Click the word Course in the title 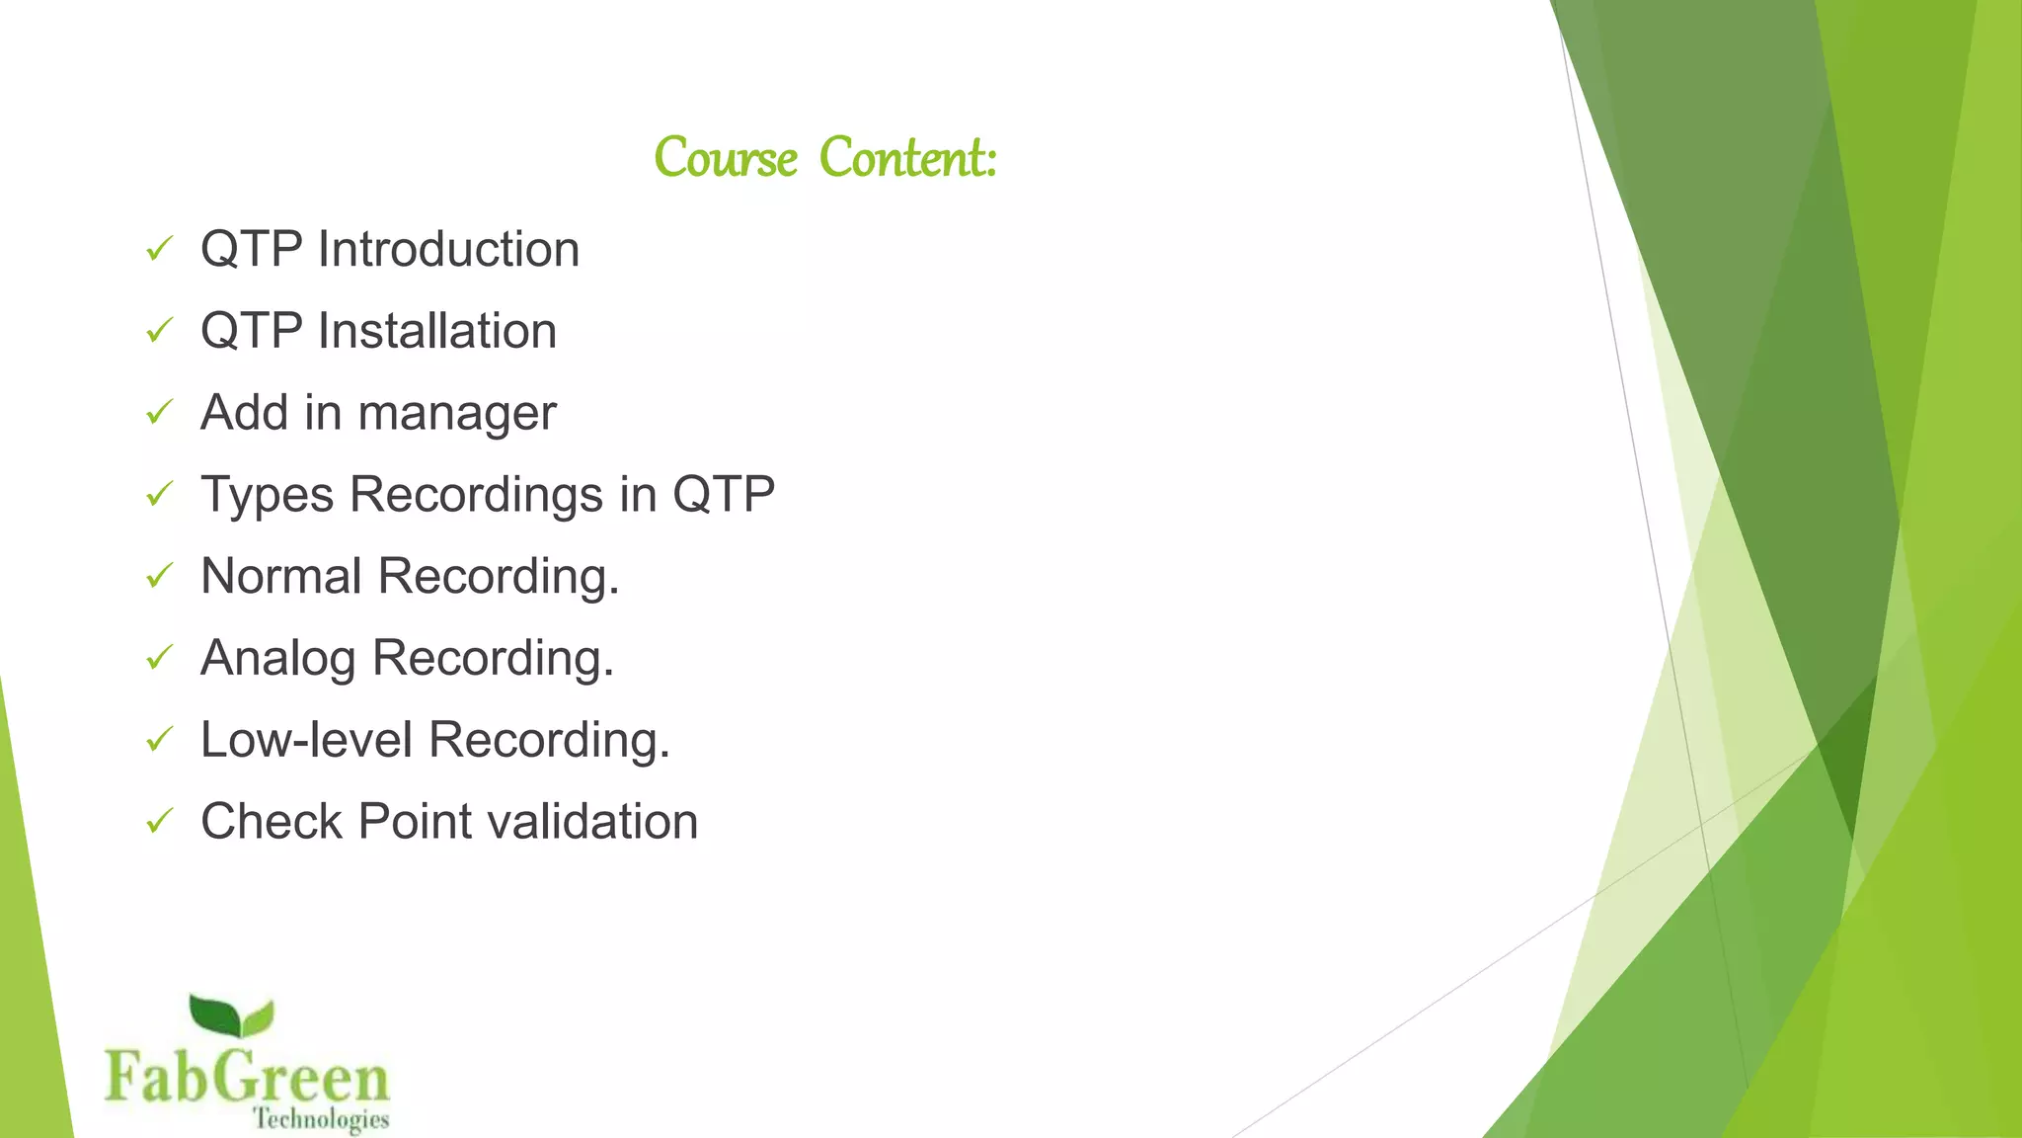pos(726,158)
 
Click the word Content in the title pos(908,158)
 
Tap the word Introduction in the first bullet pos(448,249)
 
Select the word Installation pos(436,331)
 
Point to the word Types pos(267,496)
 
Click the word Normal pos(280,576)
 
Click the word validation pos(592,822)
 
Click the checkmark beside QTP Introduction pos(159,249)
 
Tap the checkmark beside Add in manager pos(159,412)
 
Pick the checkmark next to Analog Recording pos(159,657)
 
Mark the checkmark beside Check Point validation pos(159,821)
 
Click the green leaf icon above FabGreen pos(231,1017)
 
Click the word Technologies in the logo pos(321,1119)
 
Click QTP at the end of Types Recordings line pos(723,494)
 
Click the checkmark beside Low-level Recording pos(159,739)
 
